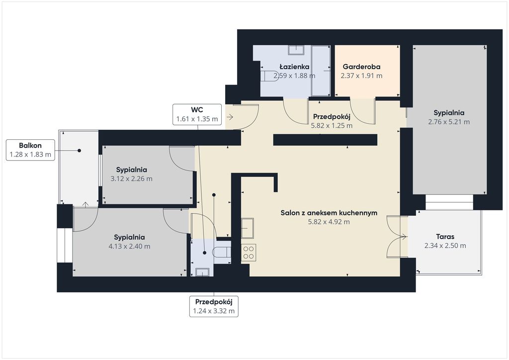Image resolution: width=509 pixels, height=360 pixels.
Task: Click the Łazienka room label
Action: click(x=294, y=67)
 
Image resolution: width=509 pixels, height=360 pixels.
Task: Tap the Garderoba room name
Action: click(x=362, y=67)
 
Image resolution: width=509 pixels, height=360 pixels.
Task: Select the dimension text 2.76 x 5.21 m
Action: click(x=449, y=122)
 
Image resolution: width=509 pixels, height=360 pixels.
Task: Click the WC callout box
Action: click(x=197, y=114)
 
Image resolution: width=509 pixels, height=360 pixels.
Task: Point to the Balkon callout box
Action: click(x=30, y=150)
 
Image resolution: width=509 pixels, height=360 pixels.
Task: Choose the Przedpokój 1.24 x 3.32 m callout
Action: click(x=214, y=306)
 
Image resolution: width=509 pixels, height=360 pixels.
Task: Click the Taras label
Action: click(x=445, y=237)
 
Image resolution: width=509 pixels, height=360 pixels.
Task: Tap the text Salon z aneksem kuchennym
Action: click(x=329, y=213)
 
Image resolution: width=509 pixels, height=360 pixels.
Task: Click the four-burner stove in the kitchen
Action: click(x=249, y=253)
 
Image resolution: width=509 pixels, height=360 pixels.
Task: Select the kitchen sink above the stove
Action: click(x=248, y=228)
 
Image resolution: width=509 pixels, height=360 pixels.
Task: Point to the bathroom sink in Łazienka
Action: click(x=296, y=50)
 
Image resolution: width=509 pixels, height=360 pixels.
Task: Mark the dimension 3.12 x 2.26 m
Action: click(x=131, y=179)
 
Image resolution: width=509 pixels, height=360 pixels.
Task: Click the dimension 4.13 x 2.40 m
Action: click(x=130, y=247)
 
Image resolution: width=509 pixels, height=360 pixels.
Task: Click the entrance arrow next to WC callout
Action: click(x=230, y=117)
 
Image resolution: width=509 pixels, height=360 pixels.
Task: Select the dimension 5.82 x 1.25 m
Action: click(x=332, y=126)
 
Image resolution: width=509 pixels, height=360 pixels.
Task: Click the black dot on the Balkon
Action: click(x=79, y=151)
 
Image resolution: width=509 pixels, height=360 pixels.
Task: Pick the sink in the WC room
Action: click(x=202, y=272)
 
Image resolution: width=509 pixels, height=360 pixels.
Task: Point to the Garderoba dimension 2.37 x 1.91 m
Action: click(x=362, y=76)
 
